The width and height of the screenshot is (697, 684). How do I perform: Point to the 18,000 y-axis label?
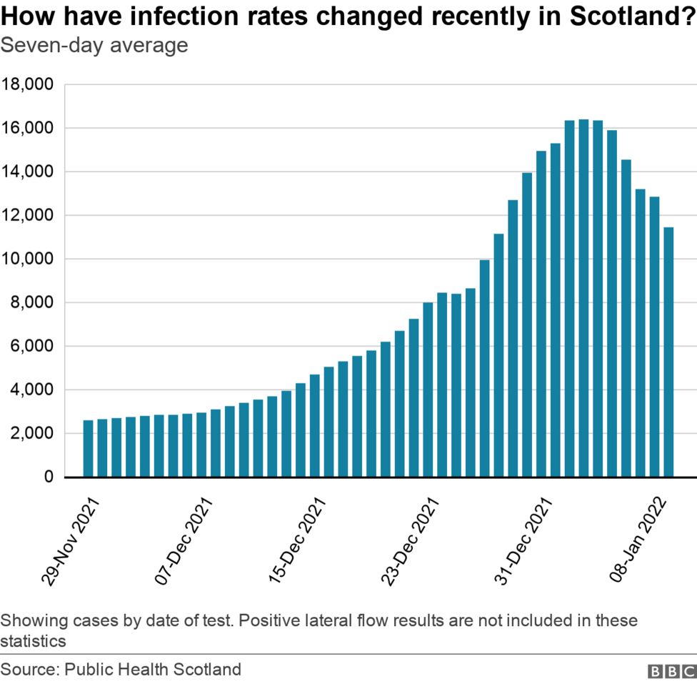pyautogui.click(x=28, y=85)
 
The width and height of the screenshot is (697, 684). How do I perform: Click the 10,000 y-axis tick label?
pyautogui.click(x=28, y=259)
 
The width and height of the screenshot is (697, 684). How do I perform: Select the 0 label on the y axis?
pyautogui.click(x=48, y=477)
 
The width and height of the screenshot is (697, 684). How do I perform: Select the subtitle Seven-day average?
pyautogui.click(x=94, y=46)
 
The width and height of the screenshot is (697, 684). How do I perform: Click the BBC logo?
pyautogui.click(x=671, y=672)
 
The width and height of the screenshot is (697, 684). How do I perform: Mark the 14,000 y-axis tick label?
pyautogui.click(x=28, y=172)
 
